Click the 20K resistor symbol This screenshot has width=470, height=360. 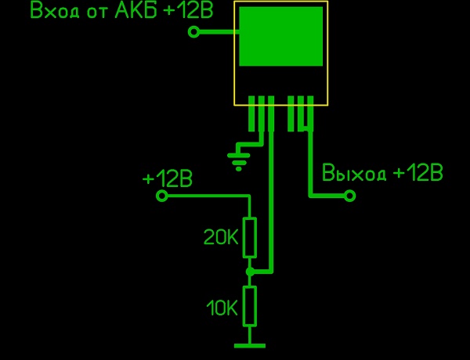click(x=250, y=238)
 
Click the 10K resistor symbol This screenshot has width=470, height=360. click(x=250, y=306)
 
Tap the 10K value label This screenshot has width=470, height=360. click(x=222, y=308)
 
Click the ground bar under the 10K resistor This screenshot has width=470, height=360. click(x=250, y=345)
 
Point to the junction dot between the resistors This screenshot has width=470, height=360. click(x=250, y=272)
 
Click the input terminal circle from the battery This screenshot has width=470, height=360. click(x=194, y=32)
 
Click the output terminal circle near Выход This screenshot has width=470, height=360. click(x=350, y=196)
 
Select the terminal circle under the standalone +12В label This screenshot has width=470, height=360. click(x=162, y=196)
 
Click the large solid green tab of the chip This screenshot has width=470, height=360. click(x=280, y=37)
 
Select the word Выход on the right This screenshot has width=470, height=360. click(x=355, y=173)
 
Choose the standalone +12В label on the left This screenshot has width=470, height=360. click(x=168, y=178)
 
